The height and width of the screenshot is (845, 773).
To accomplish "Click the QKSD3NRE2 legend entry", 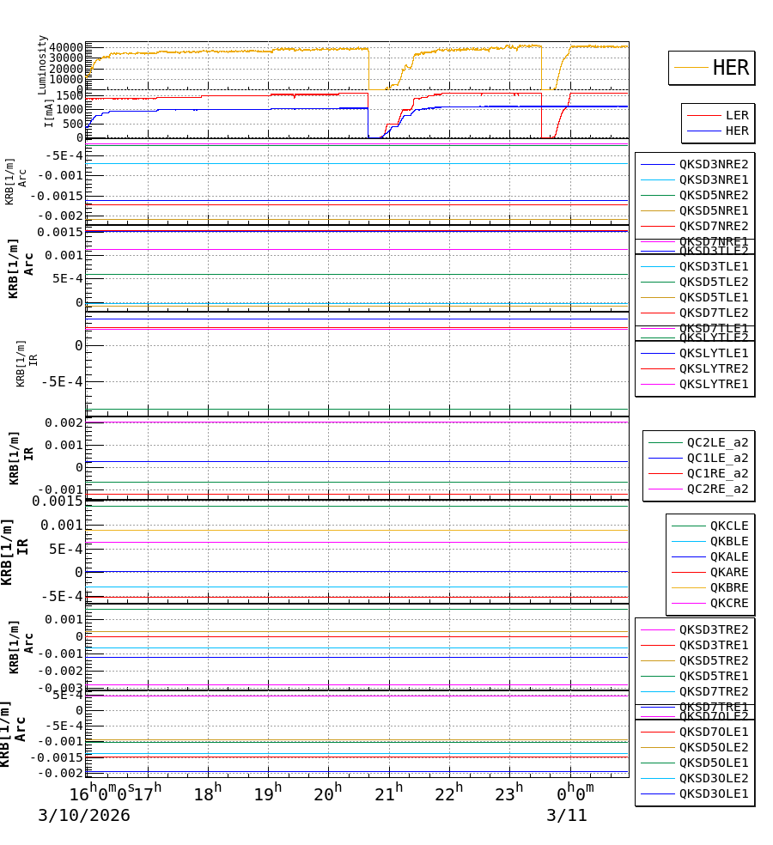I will [x=713, y=164].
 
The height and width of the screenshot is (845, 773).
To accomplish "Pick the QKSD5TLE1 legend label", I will [x=713, y=297].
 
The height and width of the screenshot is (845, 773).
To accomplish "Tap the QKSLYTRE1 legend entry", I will [x=713, y=384].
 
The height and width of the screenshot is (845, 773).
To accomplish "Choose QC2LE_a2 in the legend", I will [x=717, y=442].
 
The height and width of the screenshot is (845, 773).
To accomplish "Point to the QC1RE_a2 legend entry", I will [x=717, y=473].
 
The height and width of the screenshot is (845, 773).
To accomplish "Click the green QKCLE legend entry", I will [x=728, y=526].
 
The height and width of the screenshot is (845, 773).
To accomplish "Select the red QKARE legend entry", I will [x=728, y=572].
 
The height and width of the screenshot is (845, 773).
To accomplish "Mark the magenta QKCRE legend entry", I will [x=728, y=603].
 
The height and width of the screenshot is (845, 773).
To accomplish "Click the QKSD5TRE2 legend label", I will [x=713, y=660].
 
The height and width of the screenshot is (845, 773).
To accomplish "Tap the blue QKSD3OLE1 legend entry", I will [x=713, y=793].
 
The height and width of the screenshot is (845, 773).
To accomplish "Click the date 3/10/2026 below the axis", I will [x=83, y=816].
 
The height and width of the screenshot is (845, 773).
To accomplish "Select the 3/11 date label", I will [x=567, y=816].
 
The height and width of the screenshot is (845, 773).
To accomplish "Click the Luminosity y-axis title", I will [x=42, y=64].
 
